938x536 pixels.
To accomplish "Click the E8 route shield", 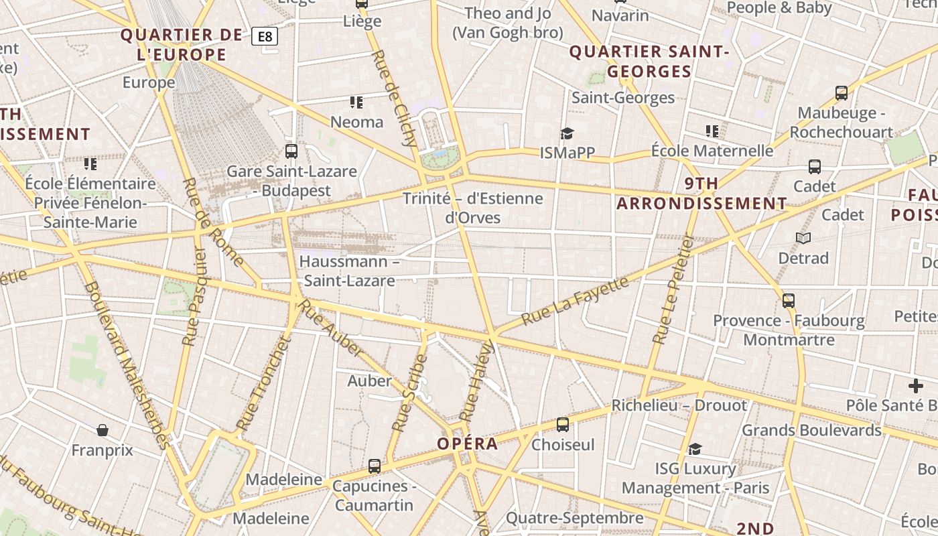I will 265,36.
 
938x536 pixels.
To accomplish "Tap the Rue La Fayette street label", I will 575,300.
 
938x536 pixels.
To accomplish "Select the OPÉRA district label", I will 468,444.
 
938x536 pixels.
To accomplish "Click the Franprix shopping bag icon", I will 103,429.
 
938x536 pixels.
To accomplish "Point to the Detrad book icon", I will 803,238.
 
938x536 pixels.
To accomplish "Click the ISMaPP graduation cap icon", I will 567,133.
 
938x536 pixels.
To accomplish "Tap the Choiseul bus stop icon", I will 563,424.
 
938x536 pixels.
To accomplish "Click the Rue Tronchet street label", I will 264,383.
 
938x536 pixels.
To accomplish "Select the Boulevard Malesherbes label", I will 126,365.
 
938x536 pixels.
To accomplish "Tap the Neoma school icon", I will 356,103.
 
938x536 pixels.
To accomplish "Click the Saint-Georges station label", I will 623,98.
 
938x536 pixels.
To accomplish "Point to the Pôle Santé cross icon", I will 915,386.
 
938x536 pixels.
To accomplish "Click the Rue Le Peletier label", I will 673,289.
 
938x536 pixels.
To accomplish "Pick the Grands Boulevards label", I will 811,430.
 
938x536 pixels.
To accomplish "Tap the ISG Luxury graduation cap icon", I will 695,449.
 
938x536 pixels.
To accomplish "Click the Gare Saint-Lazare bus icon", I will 291,151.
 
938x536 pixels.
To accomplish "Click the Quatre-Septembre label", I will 574,518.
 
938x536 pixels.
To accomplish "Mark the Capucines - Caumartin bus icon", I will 375,466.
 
